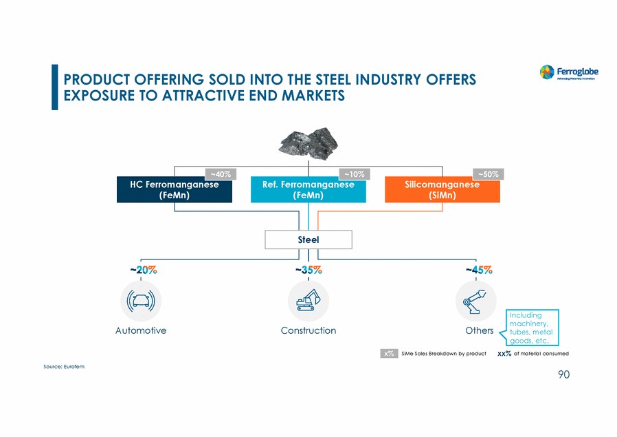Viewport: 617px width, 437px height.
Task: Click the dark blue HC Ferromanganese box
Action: tap(174, 190)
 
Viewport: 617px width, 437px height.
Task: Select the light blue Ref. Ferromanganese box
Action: tap(308, 190)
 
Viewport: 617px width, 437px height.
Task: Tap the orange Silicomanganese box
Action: tap(442, 190)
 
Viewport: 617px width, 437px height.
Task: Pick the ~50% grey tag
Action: tap(488, 174)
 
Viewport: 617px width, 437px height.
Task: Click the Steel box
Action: tap(308, 239)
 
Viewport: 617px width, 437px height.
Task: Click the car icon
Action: tap(141, 301)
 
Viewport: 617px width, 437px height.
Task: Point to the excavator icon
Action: tap(308, 301)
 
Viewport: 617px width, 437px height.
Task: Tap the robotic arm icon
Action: tap(475, 301)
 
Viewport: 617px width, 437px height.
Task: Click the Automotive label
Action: tap(141, 330)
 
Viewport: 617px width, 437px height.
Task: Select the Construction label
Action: tap(308, 330)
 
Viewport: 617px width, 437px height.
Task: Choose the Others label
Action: tap(479, 330)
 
